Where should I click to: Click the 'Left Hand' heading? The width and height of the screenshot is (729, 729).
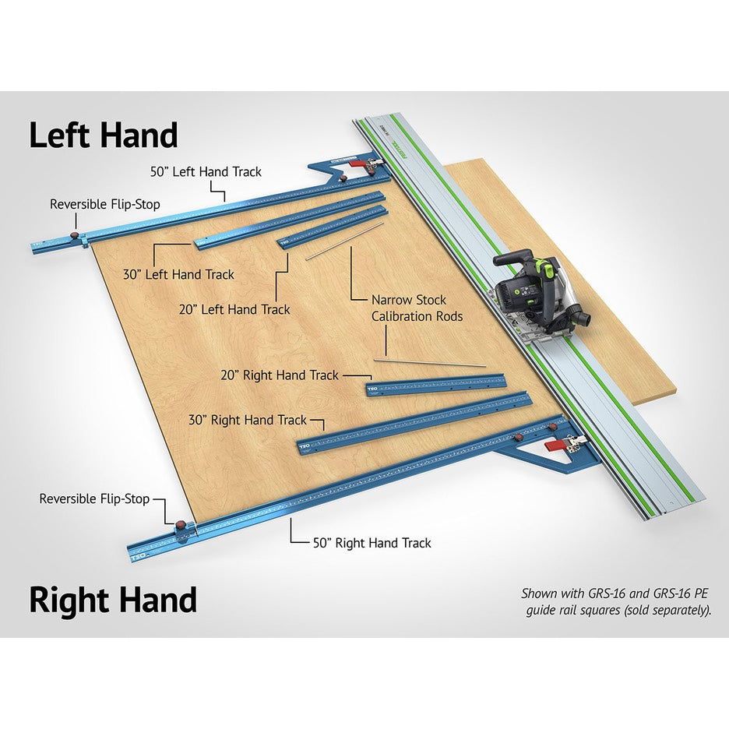[104, 136]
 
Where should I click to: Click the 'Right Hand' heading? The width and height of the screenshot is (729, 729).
[113, 600]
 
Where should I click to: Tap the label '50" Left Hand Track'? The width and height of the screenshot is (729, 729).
[206, 171]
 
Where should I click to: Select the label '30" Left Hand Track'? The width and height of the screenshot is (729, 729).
[178, 274]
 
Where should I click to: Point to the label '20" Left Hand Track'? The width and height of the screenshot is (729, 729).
[234, 309]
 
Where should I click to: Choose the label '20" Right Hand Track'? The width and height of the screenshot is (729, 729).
[280, 375]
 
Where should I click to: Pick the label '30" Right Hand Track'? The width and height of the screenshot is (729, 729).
[248, 420]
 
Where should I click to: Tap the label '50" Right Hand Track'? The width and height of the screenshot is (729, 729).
[372, 543]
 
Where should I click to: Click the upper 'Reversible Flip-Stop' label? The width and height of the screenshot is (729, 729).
[104, 204]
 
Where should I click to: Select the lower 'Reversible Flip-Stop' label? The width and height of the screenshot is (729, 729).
[94, 498]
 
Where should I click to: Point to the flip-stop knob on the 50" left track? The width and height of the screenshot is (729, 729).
[74, 234]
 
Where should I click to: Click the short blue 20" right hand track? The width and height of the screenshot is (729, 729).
[436, 384]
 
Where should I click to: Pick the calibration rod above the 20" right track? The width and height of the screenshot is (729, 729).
[428, 362]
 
